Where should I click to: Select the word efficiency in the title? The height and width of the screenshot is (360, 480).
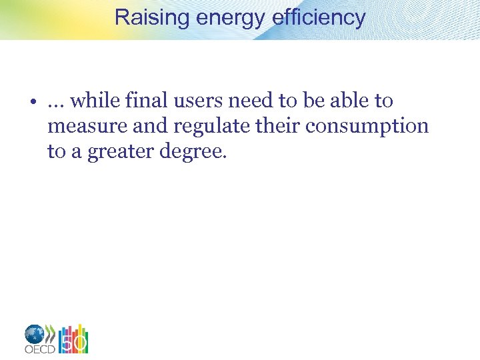click(x=319, y=17)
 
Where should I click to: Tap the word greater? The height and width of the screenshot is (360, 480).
click(x=114, y=153)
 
